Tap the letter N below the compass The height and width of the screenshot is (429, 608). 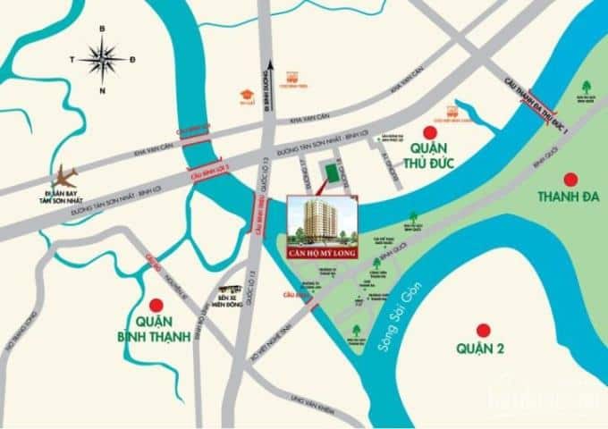tap(103, 90)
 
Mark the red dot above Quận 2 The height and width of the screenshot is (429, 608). tap(484, 328)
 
